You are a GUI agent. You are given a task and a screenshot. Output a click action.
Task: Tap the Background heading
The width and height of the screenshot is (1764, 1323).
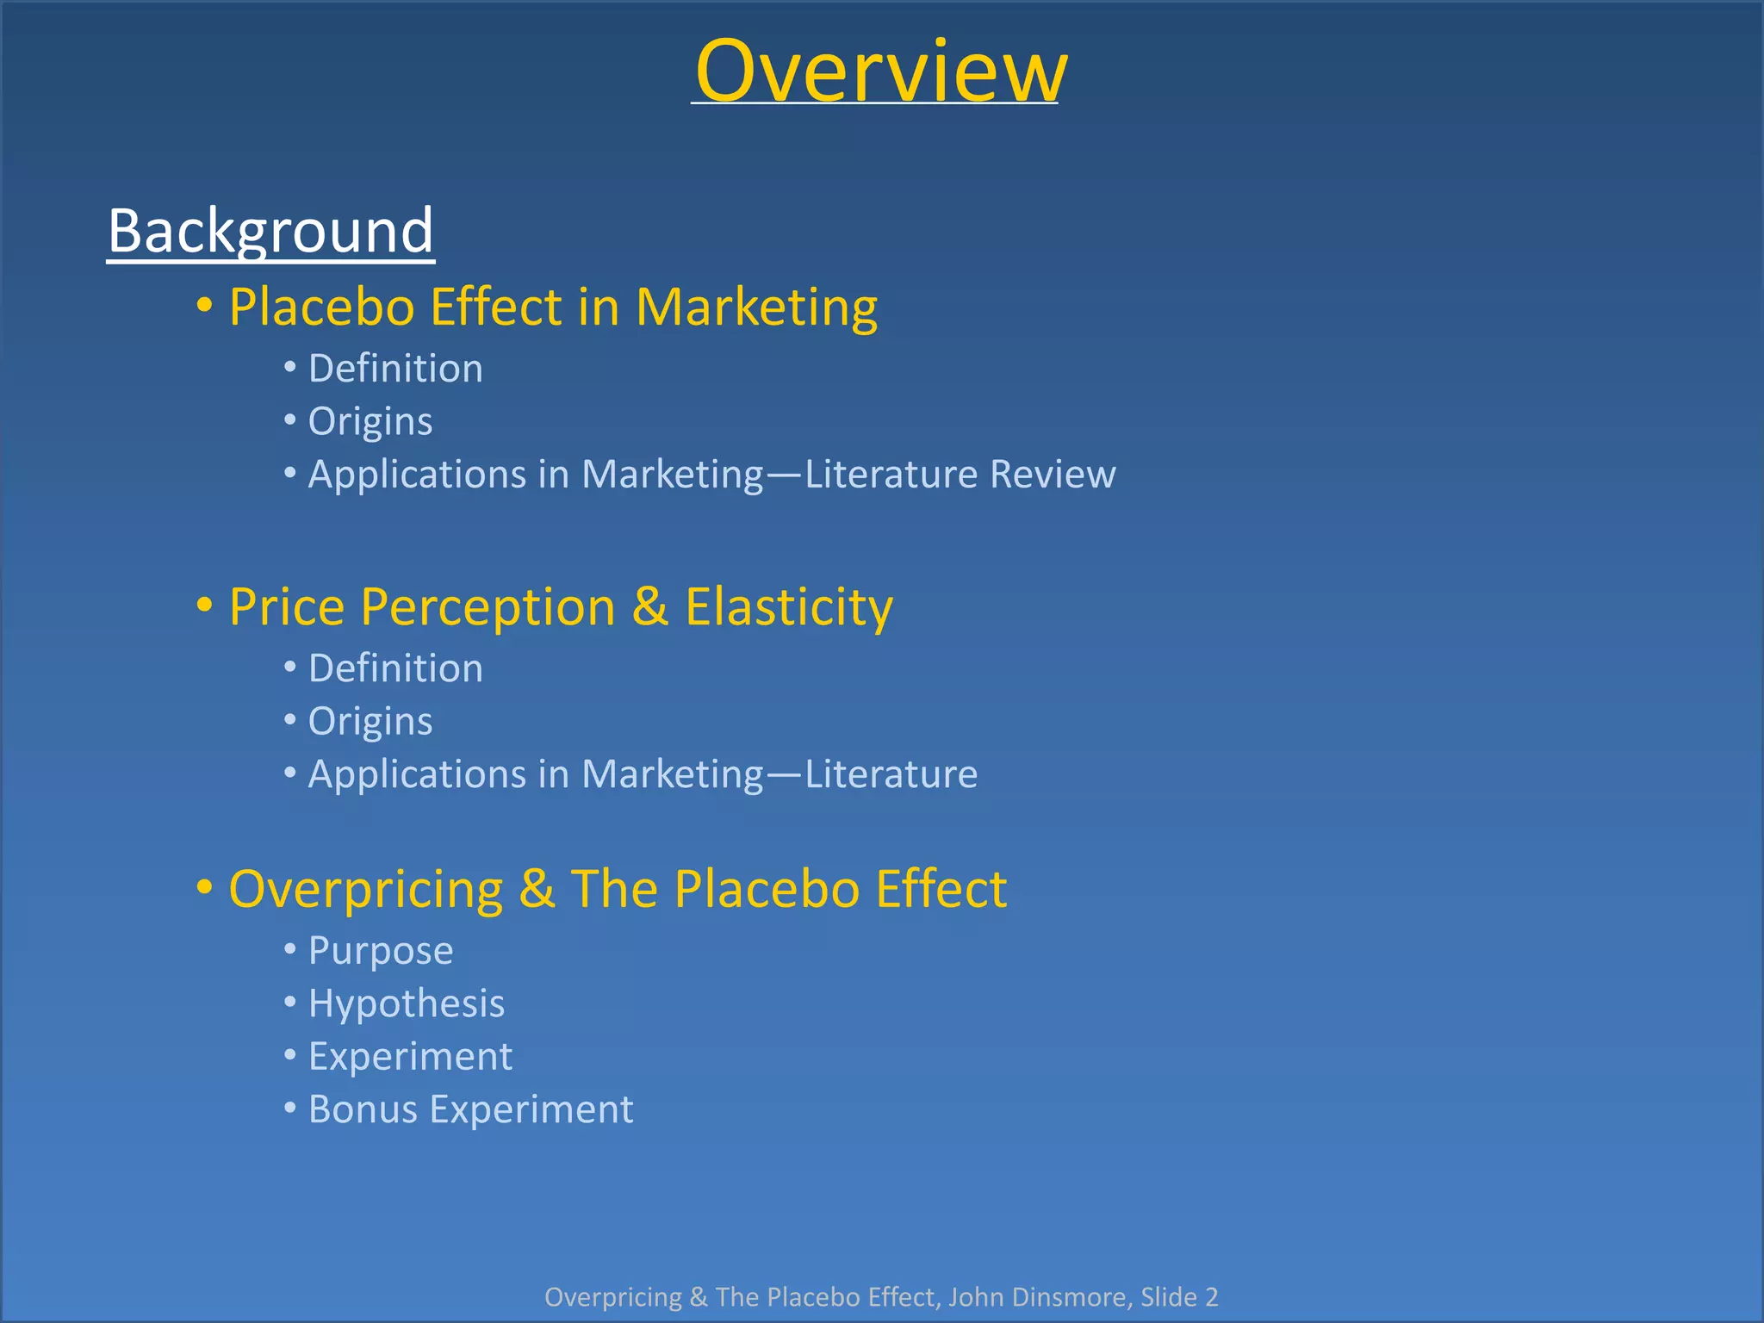tap(270, 231)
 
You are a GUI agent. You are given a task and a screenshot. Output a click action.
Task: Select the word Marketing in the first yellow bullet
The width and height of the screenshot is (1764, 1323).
tap(756, 307)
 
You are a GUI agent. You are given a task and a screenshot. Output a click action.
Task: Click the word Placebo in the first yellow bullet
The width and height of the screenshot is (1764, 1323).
tap(322, 307)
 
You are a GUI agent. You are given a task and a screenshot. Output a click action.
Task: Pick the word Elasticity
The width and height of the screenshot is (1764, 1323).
tap(788, 607)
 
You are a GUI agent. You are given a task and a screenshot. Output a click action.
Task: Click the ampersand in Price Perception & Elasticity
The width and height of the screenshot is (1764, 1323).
tap(650, 606)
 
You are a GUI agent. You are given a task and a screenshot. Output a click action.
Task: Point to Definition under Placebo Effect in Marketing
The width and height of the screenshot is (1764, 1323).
tap(395, 369)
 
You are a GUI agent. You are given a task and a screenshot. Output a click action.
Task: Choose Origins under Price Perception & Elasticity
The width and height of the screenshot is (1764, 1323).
tap(370, 722)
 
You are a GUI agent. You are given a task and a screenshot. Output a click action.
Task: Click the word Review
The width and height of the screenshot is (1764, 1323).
tap(1053, 475)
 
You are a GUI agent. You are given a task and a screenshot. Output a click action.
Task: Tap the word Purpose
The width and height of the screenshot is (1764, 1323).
tap(381, 952)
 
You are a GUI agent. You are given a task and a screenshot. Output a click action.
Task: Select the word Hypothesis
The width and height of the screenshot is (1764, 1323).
tap(407, 1004)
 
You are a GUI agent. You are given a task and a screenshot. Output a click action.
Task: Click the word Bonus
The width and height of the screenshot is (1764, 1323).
tap(361, 1109)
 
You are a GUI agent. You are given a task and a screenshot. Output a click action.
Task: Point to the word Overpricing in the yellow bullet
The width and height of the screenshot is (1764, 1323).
tap(365, 889)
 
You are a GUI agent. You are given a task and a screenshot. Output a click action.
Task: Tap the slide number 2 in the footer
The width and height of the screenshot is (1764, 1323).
tap(1211, 1297)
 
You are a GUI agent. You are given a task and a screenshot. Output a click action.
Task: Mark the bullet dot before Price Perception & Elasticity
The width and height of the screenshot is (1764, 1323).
tap(204, 606)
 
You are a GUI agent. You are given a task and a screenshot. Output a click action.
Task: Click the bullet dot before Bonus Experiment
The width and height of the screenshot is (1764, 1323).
tap(290, 1108)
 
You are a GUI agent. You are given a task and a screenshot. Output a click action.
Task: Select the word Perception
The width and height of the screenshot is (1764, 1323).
tap(488, 607)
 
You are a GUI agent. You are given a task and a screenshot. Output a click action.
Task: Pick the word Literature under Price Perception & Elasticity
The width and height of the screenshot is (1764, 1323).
tap(891, 774)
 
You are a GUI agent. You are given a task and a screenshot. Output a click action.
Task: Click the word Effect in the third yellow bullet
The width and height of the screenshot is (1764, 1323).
tap(941, 889)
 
